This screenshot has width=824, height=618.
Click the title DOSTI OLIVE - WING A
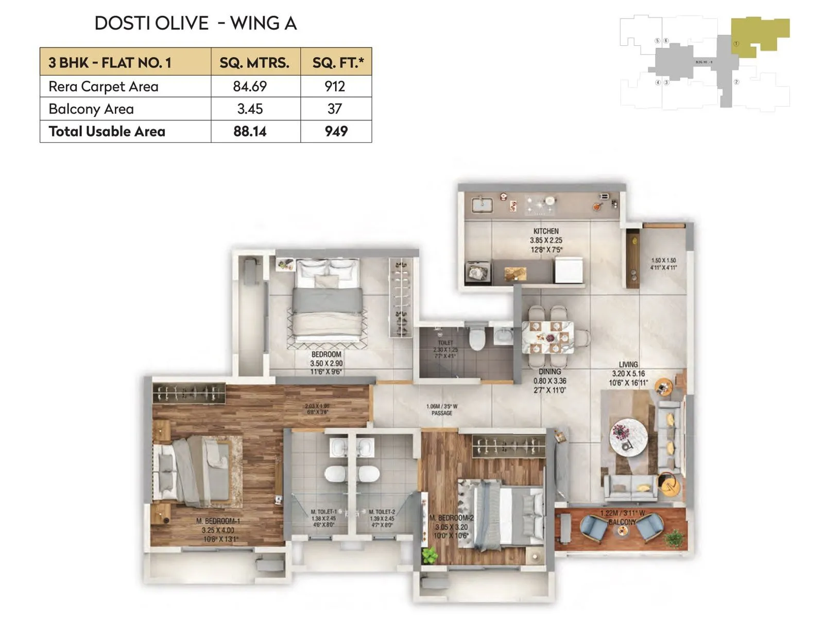[x=196, y=23]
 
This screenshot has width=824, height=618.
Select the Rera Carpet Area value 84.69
[x=250, y=87]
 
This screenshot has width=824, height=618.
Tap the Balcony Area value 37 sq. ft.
[x=335, y=109]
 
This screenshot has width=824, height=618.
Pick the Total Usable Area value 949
[x=336, y=131]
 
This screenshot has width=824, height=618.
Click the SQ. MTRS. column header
[x=254, y=63]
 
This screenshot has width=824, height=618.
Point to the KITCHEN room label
[x=546, y=232]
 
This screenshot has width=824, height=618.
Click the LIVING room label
[x=628, y=365]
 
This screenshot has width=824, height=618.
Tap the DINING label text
[x=550, y=372]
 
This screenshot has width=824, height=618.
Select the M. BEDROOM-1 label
[x=218, y=521]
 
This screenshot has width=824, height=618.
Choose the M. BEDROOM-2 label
[x=452, y=518]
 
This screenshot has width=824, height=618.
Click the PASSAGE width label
[x=442, y=410]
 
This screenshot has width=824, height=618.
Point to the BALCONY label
[x=622, y=522]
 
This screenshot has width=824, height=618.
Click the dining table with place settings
[x=548, y=337]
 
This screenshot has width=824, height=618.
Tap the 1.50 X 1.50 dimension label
[x=663, y=261]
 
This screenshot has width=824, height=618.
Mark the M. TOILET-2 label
[x=382, y=512]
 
